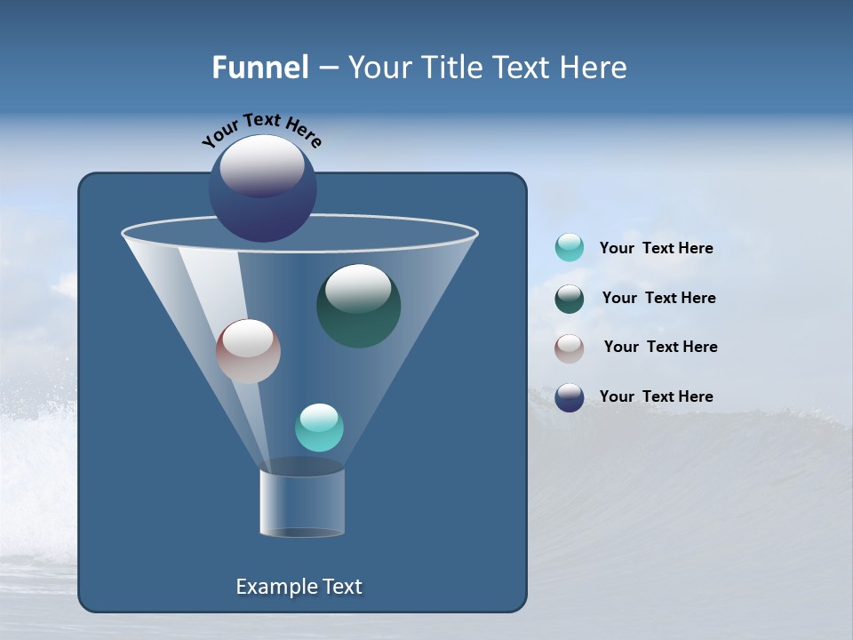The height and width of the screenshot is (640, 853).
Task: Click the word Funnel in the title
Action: [x=260, y=68]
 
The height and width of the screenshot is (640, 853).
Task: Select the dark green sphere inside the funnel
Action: [x=358, y=306]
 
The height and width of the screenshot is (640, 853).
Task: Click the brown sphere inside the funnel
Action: [x=248, y=351]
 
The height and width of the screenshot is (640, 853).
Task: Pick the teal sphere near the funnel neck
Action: [x=319, y=428]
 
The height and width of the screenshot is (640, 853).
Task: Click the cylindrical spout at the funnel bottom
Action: [x=302, y=503]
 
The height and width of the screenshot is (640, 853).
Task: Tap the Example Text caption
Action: [x=299, y=587]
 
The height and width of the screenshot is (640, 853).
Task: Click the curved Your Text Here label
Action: [x=261, y=128]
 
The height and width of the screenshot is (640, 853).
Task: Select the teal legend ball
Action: [x=570, y=248]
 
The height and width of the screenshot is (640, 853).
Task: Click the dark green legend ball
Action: [x=570, y=299]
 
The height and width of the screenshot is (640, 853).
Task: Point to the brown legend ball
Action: [x=570, y=348]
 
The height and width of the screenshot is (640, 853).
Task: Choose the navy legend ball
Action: [x=570, y=397]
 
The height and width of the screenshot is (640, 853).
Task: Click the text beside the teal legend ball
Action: [x=656, y=249]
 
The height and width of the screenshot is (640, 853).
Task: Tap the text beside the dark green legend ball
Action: [x=658, y=299]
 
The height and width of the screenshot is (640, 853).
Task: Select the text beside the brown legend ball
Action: [x=660, y=348]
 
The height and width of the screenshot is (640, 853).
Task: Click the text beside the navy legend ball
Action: [x=656, y=397]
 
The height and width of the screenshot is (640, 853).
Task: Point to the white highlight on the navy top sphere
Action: [x=261, y=164]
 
